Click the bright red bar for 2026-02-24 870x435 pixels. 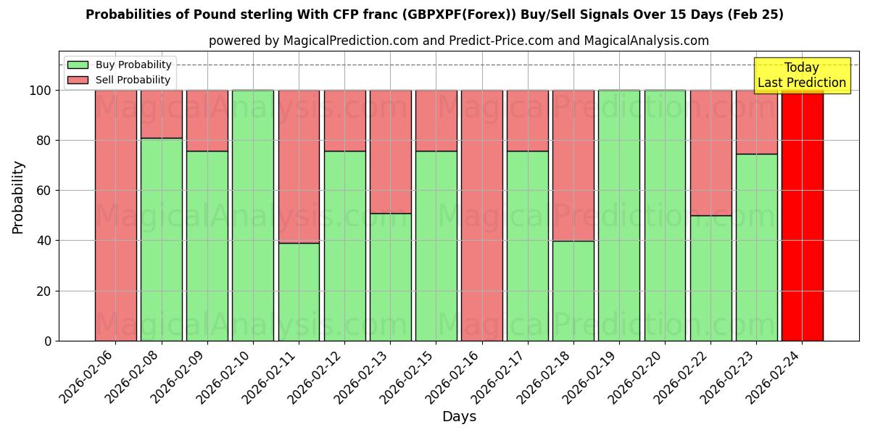point(802,217)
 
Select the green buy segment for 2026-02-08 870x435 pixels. point(161,239)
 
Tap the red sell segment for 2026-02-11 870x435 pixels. point(299,166)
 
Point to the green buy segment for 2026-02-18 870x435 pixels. point(573,291)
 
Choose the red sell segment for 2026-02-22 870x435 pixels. point(710,152)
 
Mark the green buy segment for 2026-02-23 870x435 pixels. point(756,247)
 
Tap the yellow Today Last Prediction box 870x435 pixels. point(802,75)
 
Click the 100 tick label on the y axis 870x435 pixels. point(40,91)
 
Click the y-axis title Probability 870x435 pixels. point(18,197)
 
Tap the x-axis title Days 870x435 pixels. point(459,417)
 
